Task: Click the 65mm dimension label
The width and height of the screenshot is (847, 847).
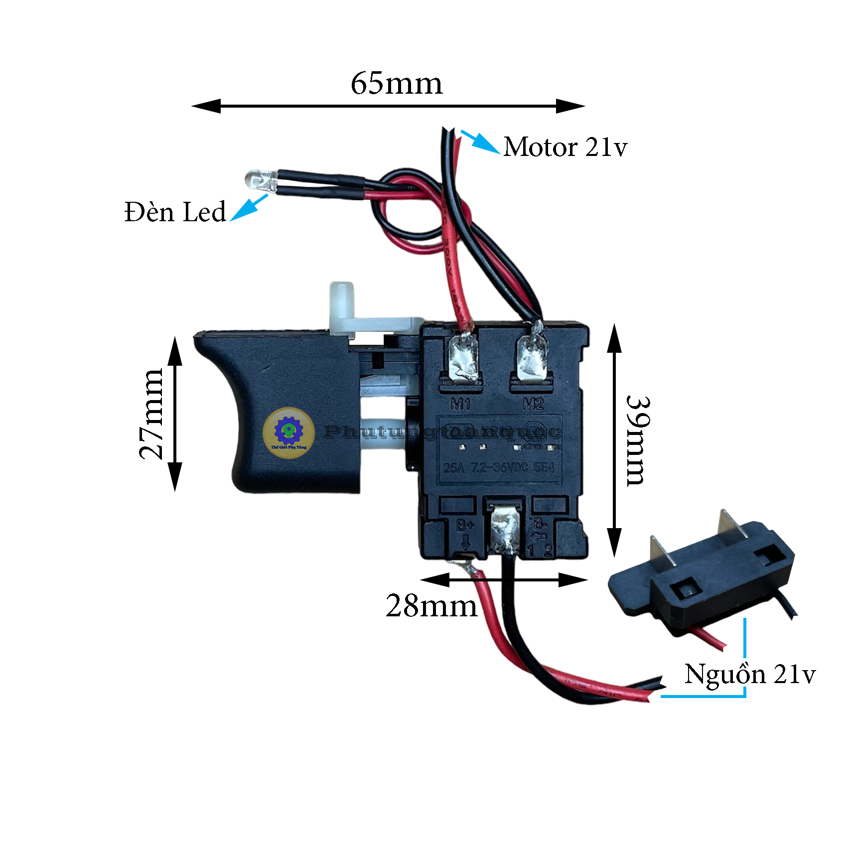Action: tap(397, 83)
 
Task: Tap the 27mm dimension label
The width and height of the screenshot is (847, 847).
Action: tap(151, 414)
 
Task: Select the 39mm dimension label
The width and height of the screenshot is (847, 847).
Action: tap(638, 440)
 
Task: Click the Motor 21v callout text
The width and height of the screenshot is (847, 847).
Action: tap(565, 147)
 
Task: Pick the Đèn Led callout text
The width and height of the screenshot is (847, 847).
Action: tap(175, 212)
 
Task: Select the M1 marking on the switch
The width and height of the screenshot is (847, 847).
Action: tap(460, 404)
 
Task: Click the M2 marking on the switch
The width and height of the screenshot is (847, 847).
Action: tap(533, 404)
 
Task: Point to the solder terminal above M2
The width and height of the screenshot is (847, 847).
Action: tap(532, 358)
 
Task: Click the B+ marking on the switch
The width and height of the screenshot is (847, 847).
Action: tap(465, 525)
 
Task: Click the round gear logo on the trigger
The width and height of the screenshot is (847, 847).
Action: tap(288, 431)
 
